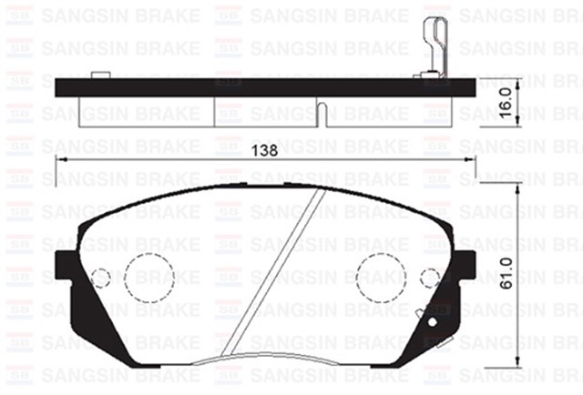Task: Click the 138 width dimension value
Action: coord(264,148)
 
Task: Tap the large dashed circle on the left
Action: coord(148,276)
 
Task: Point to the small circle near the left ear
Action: coord(102,276)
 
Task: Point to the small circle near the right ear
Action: coord(429,276)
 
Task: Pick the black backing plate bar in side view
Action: coord(264,87)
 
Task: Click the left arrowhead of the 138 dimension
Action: coord(60,159)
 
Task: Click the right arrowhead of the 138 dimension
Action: coord(471,159)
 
